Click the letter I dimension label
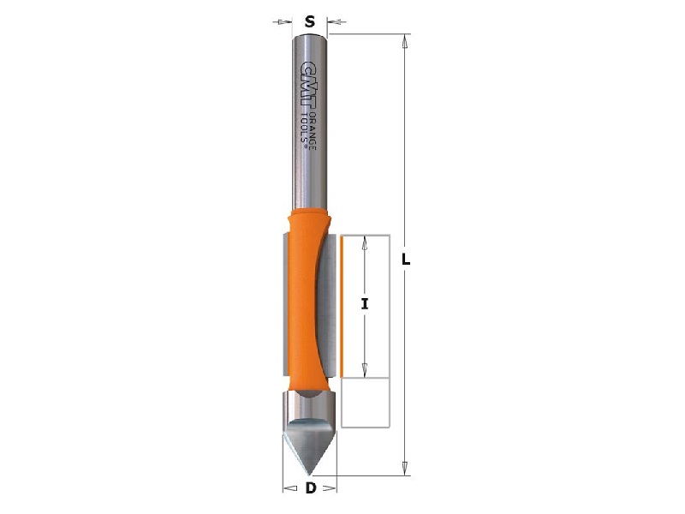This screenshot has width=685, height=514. (365, 303)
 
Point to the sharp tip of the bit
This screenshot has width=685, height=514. (309, 472)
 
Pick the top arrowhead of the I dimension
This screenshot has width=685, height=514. (365, 241)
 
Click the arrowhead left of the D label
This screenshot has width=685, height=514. (288, 489)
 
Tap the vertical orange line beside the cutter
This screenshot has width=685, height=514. (342, 306)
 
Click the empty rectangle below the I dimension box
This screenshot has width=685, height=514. (366, 402)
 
